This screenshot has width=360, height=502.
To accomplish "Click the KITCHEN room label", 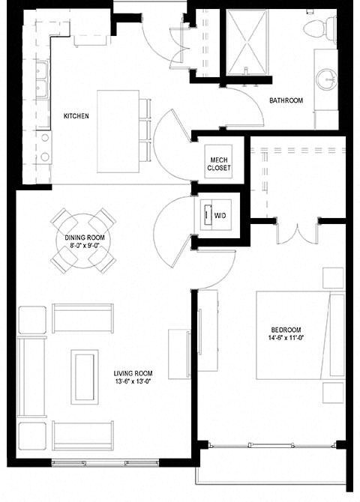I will coord(76,116).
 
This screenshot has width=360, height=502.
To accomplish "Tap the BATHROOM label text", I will coord(286,100).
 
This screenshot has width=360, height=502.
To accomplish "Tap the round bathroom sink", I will coord(327,79).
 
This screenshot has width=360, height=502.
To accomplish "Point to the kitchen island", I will coord(118,131).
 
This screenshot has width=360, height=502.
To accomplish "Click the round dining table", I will coord(83,241).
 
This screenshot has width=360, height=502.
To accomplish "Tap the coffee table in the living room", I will coord(84,377).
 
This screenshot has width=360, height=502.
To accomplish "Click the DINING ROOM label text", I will coord(83,237).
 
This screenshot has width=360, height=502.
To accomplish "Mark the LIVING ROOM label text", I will coord(133,374).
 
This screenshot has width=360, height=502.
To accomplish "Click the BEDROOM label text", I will coord(286,330).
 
